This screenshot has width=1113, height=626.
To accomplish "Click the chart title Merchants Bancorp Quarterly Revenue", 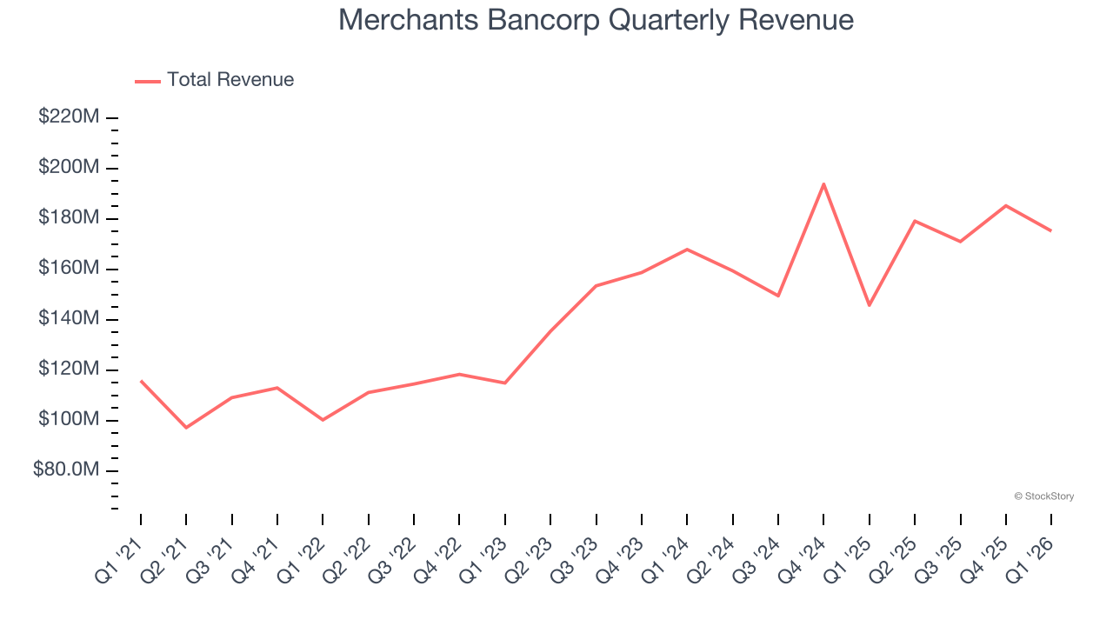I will click(x=596, y=20).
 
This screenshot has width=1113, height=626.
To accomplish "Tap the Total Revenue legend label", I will click(x=230, y=80).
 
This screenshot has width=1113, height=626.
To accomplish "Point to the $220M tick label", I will click(x=69, y=117).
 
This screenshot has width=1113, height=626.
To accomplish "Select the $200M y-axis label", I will click(x=69, y=167).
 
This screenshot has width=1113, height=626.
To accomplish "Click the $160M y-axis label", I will click(x=69, y=268).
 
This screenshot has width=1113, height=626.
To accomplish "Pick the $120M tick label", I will click(x=69, y=370).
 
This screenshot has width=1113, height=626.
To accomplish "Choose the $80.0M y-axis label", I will click(x=66, y=470).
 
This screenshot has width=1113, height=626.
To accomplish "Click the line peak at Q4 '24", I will click(x=823, y=184).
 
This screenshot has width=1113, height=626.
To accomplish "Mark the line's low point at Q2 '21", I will click(x=186, y=427).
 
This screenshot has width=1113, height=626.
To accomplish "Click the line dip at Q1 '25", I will click(x=869, y=305).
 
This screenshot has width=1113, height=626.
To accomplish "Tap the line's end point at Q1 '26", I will click(x=1050, y=230).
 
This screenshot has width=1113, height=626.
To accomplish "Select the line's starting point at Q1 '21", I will click(x=141, y=381).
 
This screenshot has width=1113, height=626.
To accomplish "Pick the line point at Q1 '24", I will click(x=687, y=250).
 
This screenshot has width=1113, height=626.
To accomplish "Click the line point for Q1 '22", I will click(x=323, y=420).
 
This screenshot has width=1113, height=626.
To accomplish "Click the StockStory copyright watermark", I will click(x=1043, y=496).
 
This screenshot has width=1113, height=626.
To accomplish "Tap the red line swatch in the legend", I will click(x=148, y=81).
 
